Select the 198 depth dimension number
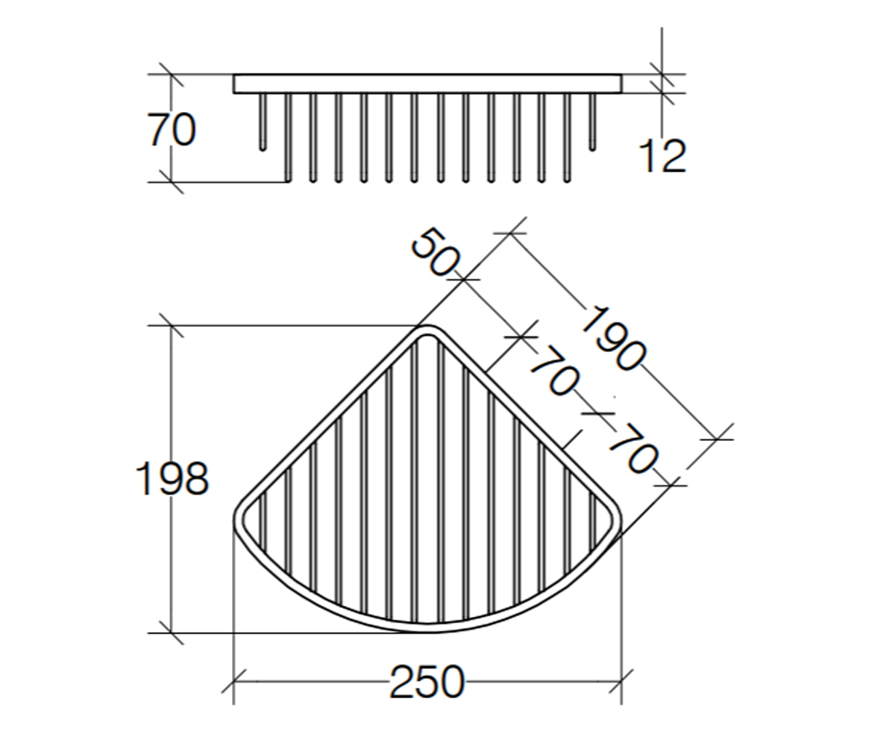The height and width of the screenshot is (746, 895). coord(172,479)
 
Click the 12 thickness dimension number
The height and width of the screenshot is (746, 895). coord(662,157)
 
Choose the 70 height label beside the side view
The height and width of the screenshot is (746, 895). coord(172,129)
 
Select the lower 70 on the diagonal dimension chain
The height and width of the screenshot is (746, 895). coord(632,448)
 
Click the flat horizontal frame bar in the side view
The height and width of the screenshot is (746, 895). coord(427,84)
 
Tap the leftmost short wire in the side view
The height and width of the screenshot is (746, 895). coord(263,122)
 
